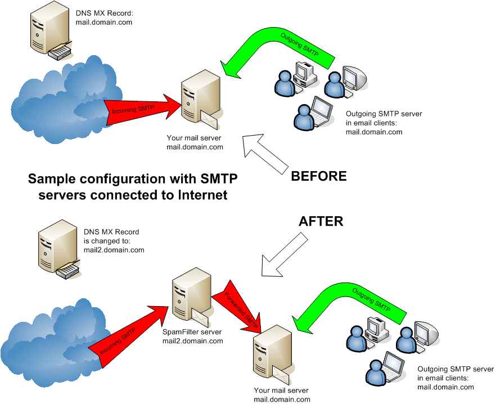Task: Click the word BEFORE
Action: (x=318, y=176)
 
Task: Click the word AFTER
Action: (x=321, y=221)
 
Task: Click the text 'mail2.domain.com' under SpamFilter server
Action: (x=192, y=340)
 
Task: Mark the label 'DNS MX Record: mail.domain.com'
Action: (x=104, y=17)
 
